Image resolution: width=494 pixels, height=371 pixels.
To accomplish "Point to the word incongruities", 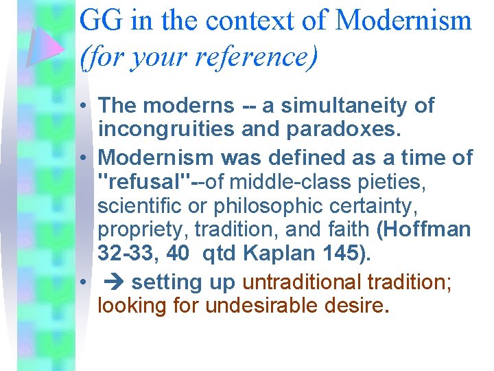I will tap(166, 130).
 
